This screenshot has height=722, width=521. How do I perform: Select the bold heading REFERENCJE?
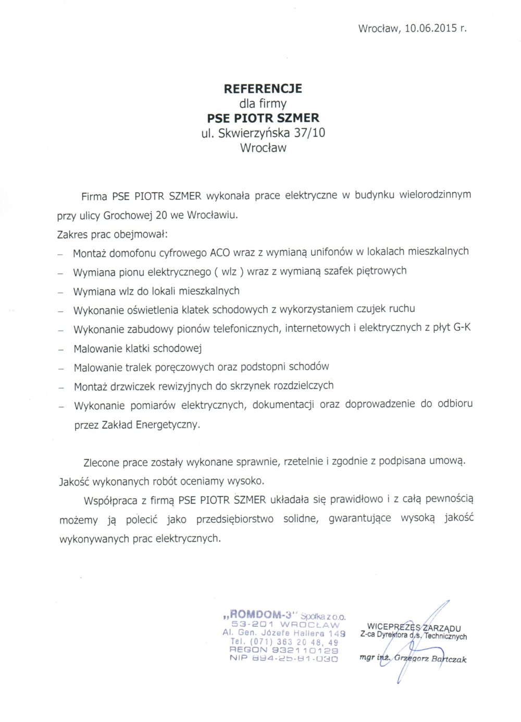tap(263, 89)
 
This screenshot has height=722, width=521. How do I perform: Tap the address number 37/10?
tap(309, 133)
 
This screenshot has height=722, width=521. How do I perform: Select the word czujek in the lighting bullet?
tap(371, 309)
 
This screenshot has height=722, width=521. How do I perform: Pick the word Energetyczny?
tap(167, 425)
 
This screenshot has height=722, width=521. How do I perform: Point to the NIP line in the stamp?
tap(283, 658)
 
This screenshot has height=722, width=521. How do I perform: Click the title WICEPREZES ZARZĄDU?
tap(414, 628)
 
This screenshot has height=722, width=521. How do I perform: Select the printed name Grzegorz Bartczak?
tap(430, 658)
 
